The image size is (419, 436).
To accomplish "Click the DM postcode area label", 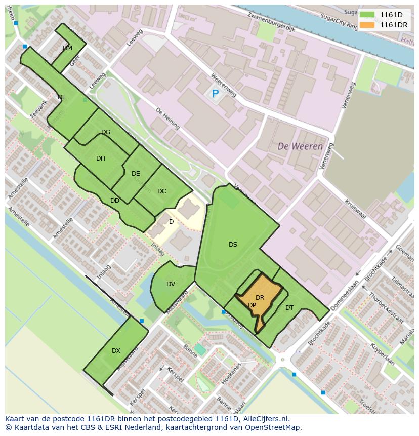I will coord(67,48).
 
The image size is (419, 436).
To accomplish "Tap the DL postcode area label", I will coord(61,97).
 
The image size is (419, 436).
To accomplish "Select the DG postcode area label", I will coord(106,132).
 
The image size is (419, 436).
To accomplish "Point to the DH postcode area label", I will coord(101,158).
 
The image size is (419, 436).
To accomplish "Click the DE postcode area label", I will coord(136,174).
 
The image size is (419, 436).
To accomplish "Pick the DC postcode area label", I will coord(162,191).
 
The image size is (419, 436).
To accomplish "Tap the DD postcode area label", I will coord(115,201).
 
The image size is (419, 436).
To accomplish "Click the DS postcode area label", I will coord(233,245).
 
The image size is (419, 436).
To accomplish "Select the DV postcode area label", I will coord(171,284).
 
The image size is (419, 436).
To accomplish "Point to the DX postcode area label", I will coord(116,351).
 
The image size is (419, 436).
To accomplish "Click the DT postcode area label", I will coord(289,307).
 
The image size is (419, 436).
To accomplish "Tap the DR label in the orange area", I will coord(260,298).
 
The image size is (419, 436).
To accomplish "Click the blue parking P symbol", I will coord(215,94).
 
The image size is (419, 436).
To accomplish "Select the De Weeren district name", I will coord(300,146).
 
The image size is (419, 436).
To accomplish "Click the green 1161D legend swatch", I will coord(367,15).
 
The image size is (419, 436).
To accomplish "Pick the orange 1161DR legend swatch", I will coord(367,25).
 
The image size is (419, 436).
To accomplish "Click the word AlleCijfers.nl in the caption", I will coord(263,419).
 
